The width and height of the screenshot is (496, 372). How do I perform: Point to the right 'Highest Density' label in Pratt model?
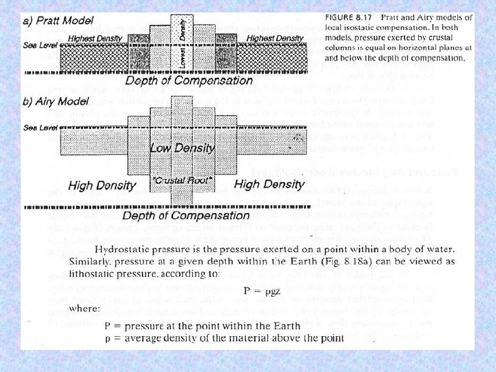274,37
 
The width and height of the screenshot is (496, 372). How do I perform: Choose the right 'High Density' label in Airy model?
269,184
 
